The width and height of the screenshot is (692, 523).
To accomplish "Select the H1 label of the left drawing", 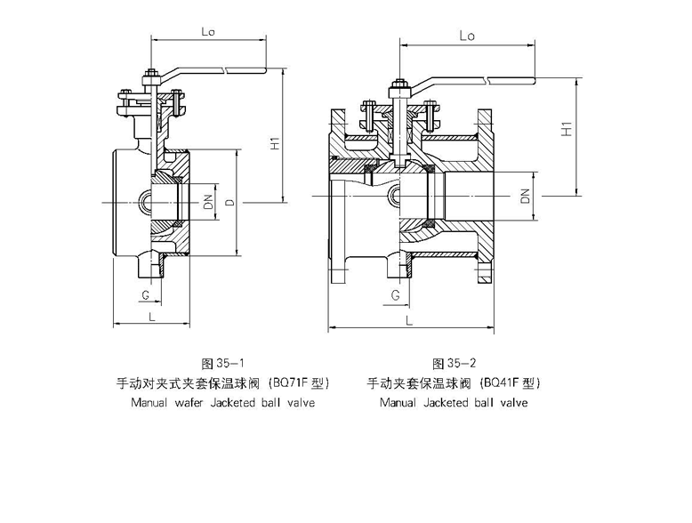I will tap(275, 142).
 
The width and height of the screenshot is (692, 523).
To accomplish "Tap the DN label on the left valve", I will tap(207, 202).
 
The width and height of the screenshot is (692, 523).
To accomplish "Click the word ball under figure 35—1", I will tap(272, 403).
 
